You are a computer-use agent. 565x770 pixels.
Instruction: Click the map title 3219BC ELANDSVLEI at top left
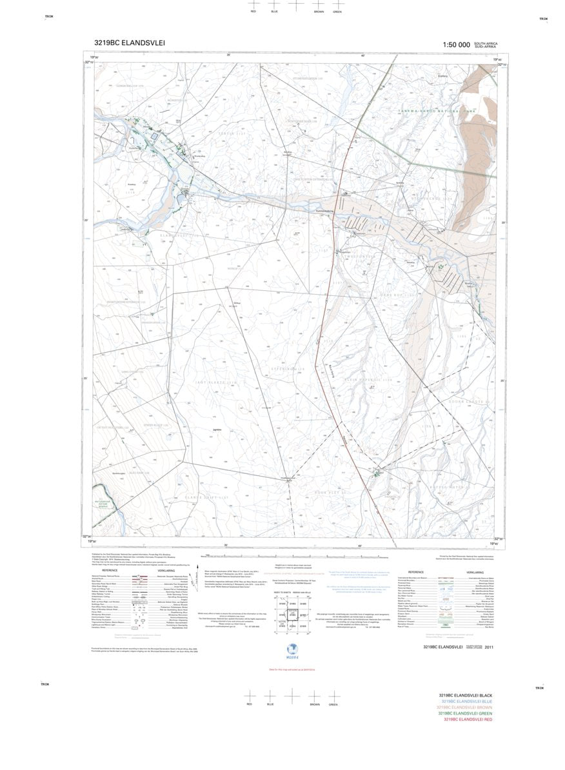click(130, 44)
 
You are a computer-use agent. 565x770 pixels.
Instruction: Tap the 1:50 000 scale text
click(456, 44)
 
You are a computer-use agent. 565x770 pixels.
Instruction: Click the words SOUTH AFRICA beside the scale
click(486, 43)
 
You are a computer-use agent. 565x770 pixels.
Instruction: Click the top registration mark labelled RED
click(253, 5)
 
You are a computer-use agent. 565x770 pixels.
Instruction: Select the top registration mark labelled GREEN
click(337, 5)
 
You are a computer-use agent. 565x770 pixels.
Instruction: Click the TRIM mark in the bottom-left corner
click(45, 684)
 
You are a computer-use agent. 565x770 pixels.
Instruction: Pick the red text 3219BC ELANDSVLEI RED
click(468, 719)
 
